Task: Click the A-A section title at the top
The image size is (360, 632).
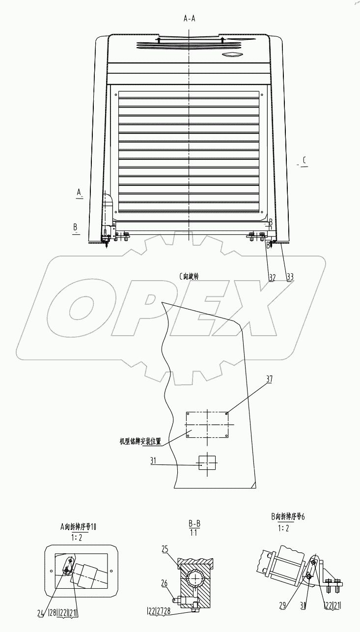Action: (x=189, y=19)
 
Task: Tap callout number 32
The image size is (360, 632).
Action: (x=272, y=277)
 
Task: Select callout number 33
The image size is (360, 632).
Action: (x=290, y=277)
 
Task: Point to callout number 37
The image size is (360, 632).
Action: (x=269, y=379)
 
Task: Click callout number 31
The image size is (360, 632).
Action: (x=153, y=460)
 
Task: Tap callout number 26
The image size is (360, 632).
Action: (x=165, y=583)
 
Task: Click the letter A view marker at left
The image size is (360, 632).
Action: (x=79, y=191)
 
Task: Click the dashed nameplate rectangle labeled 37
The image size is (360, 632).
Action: (x=207, y=425)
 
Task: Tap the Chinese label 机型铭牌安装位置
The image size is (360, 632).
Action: (x=140, y=441)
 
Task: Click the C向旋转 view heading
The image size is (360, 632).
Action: (x=189, y=277)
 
